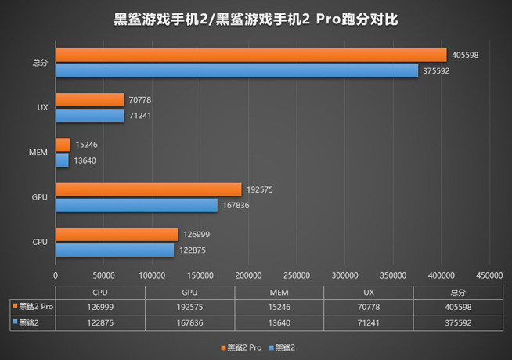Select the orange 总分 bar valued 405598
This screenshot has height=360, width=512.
point(251,55)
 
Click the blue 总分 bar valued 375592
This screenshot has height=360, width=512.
point(236,70)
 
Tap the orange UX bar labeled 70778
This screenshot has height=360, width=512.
point(89,99)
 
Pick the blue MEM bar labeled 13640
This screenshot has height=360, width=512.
point(62,160)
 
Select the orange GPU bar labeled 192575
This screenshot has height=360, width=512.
point(148,189)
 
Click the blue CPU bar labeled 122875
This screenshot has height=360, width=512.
point(114,250)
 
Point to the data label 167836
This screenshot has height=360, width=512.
point(237,205)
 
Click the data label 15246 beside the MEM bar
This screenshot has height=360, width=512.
point(87,145)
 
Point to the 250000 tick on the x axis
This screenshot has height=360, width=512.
point(297,275)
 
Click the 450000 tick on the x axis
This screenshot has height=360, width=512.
point(490,275)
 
